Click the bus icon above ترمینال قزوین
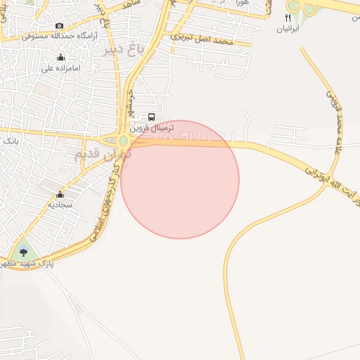[x=152, y=117]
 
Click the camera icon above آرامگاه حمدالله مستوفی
[x=59, y=25]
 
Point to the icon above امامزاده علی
[x=60, y=58]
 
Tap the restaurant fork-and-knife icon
[x=288, y=18]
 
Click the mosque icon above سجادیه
[x=60, y=194]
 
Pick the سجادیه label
[x=60, y=205]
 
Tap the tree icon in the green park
[x=25, y=252]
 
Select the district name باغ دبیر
[x=122, y=50]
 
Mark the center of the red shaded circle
[x=180, y=179]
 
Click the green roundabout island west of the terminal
[x=123, y=141]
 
